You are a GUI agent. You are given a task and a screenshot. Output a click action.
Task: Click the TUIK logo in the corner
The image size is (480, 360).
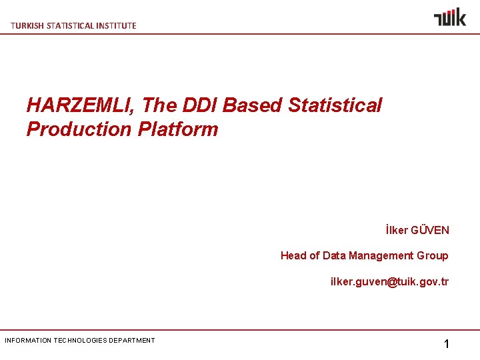coord(449,17)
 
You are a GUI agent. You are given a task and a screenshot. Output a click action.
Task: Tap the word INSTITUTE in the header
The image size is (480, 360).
coord(115,26)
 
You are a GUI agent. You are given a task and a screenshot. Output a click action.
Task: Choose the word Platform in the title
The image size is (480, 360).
coord(178,129)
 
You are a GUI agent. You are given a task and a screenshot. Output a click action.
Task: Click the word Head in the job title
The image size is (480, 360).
coord(293,255)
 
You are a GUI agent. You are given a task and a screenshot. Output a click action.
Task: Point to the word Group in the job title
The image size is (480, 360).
coord(433,255)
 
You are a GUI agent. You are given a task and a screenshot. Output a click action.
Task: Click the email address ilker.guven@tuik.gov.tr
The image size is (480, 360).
coord(389,281)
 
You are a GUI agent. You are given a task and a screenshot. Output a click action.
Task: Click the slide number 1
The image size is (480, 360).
coord(447,345)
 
